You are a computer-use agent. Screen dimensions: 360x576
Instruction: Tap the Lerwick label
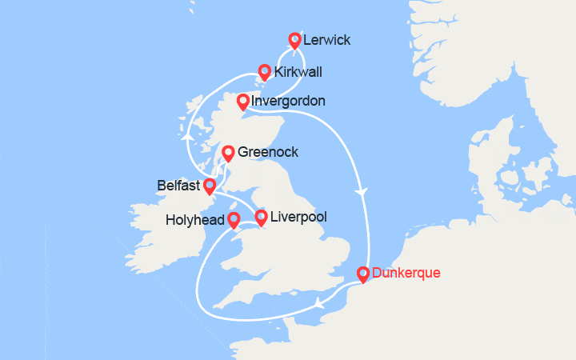pos(326,40)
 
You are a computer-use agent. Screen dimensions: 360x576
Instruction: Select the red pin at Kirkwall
pos(264,71)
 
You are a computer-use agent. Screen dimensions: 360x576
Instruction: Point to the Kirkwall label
pos(298,72)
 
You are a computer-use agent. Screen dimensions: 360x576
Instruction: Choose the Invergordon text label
pos(287,102)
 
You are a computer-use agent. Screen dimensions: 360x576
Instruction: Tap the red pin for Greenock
pos(228,151)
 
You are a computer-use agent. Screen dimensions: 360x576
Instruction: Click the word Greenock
pos(268,151)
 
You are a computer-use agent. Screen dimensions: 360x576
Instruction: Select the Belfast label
pos(178,186)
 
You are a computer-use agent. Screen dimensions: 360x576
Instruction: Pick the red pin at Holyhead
pos(233,219)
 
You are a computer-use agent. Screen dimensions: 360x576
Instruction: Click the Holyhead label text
pos(195,219)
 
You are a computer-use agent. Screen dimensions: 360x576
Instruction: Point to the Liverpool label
pos(298,217)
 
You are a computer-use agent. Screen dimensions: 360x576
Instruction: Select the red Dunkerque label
pos(406,274)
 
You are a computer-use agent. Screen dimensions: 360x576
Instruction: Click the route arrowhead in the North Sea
pos(366,192)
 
